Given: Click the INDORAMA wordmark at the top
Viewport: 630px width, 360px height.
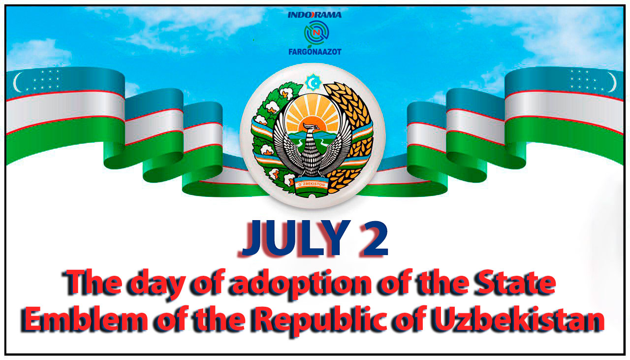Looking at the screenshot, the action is [315, 15].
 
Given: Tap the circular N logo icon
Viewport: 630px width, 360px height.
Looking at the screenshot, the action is [316, 33].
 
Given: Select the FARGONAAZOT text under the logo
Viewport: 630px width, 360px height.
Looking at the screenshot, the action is [315, 52].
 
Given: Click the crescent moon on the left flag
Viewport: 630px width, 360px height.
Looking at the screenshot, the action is [17, 82].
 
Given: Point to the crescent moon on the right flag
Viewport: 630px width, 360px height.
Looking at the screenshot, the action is [613, 82].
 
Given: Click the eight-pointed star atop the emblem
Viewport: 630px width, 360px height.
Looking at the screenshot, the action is [314, 82].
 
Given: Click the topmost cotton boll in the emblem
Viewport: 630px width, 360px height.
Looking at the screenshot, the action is [286, 94].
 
